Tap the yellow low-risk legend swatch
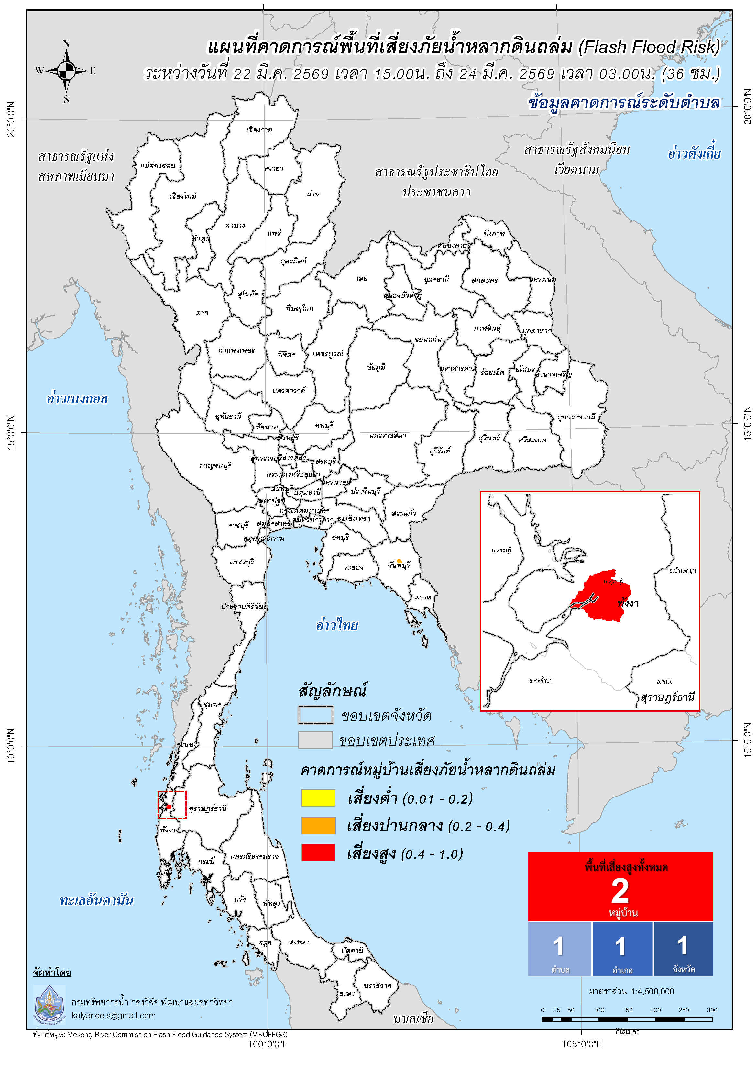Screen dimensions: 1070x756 [x=318, y=797]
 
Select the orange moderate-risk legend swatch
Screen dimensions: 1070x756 [x=318, y=825]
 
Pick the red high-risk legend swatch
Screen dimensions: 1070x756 [x=318, y=853]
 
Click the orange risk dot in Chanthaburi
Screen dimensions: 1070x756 [x=399, y=561]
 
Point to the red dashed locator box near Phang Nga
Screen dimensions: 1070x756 [x=172, y=805]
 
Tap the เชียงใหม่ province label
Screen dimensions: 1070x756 [x=182, y=196]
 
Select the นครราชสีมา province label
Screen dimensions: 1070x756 [x=388, y=435]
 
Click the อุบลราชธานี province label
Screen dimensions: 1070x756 [x=576, y=417]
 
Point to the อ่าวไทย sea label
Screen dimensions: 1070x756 [x=337, y=625]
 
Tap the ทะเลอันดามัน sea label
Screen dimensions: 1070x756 [x=96, y=900]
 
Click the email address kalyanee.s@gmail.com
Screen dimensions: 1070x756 [x=114, y=1016]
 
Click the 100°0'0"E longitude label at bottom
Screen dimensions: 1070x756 [x=268, y=1043]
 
